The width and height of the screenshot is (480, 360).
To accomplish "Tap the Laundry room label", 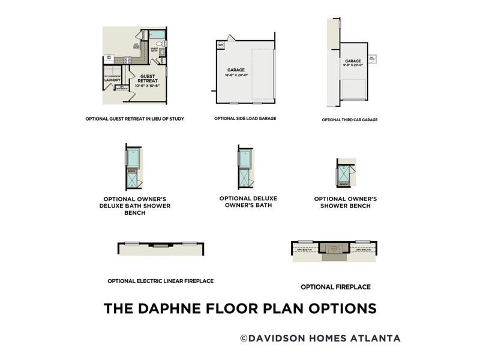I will click(112, 79).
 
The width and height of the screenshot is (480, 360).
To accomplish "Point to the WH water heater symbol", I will click(220, 44).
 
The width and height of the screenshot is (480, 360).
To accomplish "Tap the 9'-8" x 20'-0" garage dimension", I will click(353, 65).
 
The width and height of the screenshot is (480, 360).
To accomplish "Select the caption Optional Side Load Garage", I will click(245, 119).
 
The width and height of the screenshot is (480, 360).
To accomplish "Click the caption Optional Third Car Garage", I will click(350, 120).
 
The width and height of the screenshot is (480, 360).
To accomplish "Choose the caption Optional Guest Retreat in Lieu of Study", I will click(134, 119).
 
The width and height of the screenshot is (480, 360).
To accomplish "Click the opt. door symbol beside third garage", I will click(372, 58).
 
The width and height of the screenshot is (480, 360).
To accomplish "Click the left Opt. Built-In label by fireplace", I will click(305, 247).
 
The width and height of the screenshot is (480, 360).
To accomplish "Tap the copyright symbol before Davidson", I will click(244, 338).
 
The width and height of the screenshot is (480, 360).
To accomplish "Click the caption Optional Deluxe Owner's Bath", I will click(248, 202).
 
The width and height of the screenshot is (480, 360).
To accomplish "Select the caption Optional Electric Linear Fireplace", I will click(160, 281).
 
